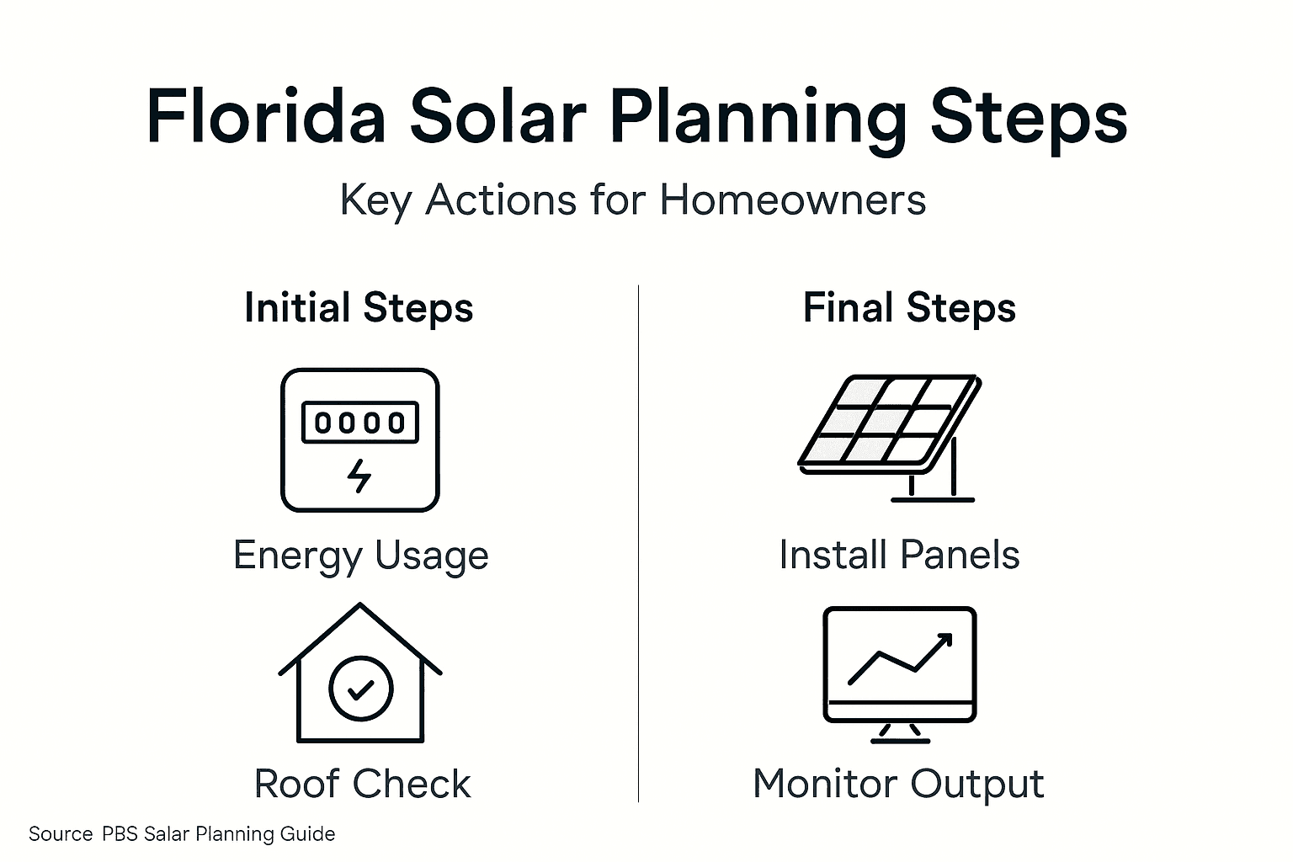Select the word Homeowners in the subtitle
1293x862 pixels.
[792, 200]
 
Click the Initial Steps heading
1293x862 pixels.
[359, 307]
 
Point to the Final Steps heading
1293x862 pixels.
[909, 307]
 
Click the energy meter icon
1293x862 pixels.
[359, 439]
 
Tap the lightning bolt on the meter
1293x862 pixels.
[359, 476]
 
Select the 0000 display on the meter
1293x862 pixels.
[359, 422]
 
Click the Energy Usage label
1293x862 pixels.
[360, 556]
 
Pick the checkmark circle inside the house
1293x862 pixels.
[360, 689]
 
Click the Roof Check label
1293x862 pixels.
[362, 784]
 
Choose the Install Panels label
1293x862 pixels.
[899, 555]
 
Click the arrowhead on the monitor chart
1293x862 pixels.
[943, 641]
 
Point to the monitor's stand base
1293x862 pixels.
[900, 739]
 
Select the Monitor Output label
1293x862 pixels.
[898, 784]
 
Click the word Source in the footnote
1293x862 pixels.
[61, 834]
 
